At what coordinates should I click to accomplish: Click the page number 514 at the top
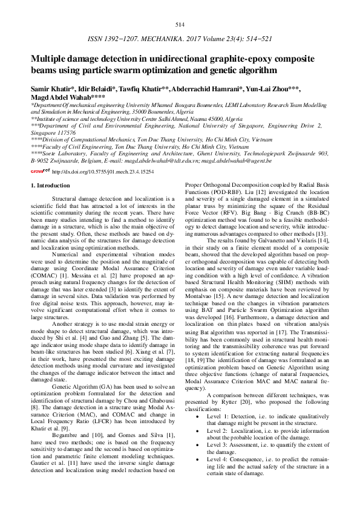(179, 24)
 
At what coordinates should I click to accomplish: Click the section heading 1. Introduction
(53, 186)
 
